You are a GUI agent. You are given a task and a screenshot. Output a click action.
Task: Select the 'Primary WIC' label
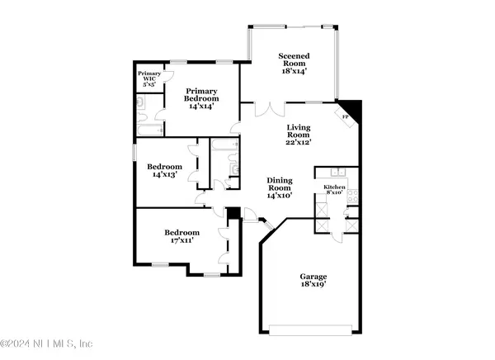pyautogui.click(x=148, y=77)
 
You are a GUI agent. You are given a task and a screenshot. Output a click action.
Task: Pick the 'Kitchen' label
pyautogui.click(x=334, y=188)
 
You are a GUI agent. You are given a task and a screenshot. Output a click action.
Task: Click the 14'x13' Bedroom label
pyautogui.click(x=163, y=168)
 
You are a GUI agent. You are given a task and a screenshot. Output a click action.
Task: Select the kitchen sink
pyautogui.click(x=336, y=173)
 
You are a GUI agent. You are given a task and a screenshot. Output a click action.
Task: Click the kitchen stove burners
pyautogui.click(x=351, y=197)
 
